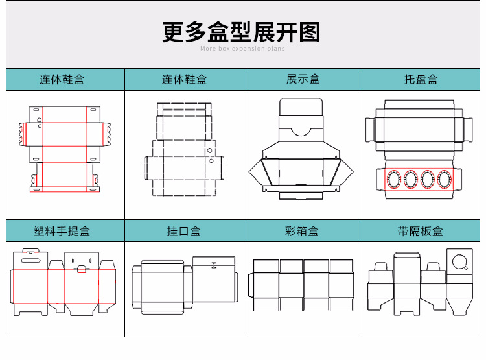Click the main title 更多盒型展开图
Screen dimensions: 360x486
click(241, 32)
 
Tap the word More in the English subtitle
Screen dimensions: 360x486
click(208, 49)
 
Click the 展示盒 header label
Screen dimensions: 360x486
click(303, 79)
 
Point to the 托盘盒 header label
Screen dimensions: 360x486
click(421, 79)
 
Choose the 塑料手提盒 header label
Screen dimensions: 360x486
click(62, 231)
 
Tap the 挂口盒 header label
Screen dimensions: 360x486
click(184, 231)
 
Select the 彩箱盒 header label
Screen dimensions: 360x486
click(303, 231)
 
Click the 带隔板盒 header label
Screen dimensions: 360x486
click(421, 231)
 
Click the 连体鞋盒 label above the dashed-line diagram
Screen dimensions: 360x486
click(184, 79)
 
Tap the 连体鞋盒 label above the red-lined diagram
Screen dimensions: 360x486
click(62, 79)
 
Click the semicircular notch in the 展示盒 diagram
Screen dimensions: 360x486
click(301, 131)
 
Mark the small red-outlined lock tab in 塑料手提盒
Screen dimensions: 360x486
click(82, 269)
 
